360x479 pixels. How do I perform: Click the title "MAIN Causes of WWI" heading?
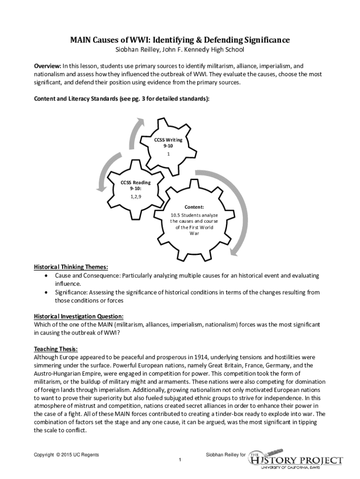(x=180, y=41)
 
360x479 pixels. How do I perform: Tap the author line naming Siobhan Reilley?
(x=180, y=51)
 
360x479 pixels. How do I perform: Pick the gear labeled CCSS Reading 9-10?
(x=135, y=189)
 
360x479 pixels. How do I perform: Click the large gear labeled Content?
(x=194, y=220)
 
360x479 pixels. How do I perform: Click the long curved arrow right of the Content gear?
(x=234, y=206)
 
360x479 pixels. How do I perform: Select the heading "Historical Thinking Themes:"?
(x=71, y=267)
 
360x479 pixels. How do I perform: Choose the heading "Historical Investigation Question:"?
(x=79, y=316)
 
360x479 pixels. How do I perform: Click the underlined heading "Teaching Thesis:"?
(x=56, y=349)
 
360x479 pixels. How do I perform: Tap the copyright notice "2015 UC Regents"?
(x=66, y=455)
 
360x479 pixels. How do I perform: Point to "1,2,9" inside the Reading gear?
(x=135, y=196)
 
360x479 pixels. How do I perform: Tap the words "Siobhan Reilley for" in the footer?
(x=225, y=455)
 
